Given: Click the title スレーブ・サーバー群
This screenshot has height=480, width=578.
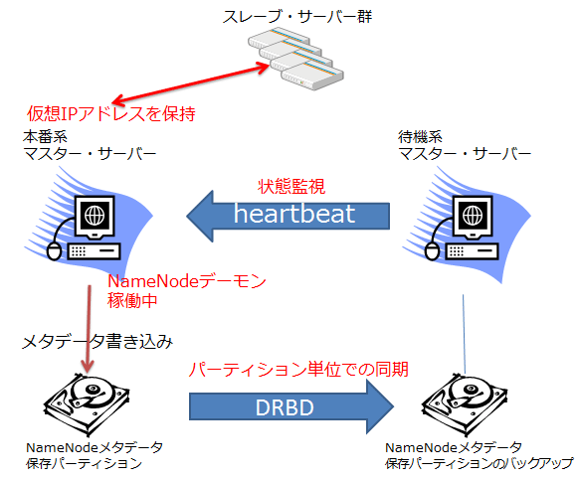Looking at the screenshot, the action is click(x=297, y=17).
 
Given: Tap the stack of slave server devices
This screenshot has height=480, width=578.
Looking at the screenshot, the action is click(x=295, y=59).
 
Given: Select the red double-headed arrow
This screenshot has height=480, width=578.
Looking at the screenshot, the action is click(x=191, y=83).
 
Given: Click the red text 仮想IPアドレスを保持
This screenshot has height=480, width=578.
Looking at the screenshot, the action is click(x=111, y=113).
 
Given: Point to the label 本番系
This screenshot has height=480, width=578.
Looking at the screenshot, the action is click(x=45, y=137).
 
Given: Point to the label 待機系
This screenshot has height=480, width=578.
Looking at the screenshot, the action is click(x=420, y=137).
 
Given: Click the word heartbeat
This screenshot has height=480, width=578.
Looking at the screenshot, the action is click(x=294, y=214).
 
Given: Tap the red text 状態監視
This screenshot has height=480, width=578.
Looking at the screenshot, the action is click(x=291, y=186).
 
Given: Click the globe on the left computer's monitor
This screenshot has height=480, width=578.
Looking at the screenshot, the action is click(x=95, y=215).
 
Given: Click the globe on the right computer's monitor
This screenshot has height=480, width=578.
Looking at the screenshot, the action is click(x=473, y=215).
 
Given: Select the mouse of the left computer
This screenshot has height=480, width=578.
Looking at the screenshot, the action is click(x=54, y=251).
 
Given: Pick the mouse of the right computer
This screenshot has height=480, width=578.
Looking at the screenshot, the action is click(x=432, y=251).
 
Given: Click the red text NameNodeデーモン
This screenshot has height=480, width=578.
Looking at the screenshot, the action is click(x=186, y=281).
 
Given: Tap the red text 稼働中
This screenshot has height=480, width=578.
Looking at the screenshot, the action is click(x=132, y=301).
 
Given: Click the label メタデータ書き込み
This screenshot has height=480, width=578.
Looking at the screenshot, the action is click(x=97, y=342).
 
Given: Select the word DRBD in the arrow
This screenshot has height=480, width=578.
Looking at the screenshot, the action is click(x=285, y=407).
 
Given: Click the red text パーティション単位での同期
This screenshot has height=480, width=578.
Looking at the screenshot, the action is click(x=298, y=370).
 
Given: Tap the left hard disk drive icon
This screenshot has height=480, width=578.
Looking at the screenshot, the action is click(x=87, y=404).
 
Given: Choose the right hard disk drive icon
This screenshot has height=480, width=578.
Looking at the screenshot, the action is click(x=465, y=404).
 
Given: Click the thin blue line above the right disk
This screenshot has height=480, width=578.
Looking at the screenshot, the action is click(x=465, y=334).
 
